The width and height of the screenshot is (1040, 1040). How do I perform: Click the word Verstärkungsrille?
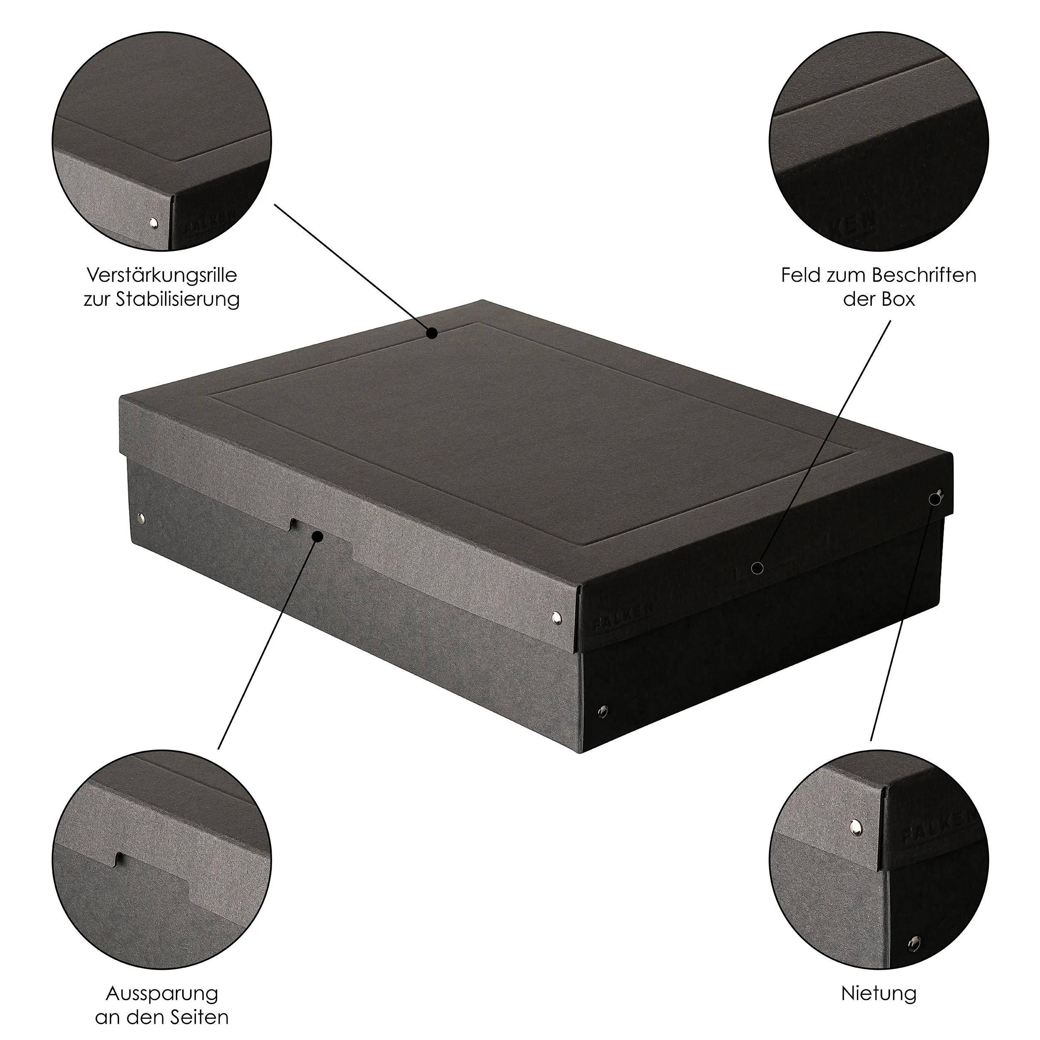pos(161,276)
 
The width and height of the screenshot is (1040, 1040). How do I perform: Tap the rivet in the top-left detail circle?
pos(154,222)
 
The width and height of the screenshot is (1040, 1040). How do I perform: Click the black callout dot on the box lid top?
pos(432,333)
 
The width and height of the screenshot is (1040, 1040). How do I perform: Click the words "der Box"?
pos(879,299)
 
